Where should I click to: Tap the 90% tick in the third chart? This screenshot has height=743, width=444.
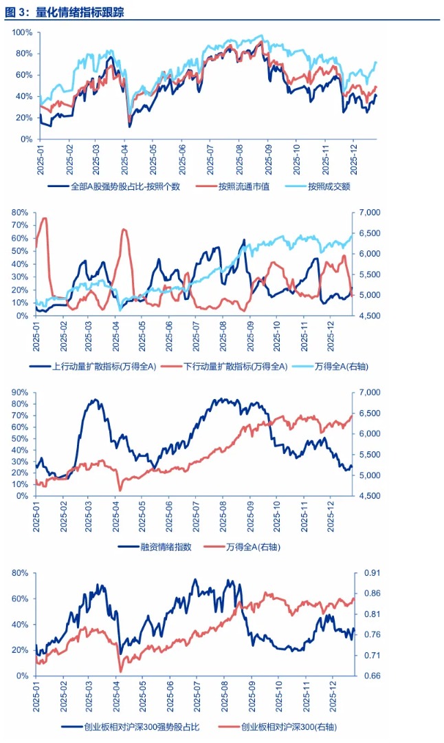pyautogui.click(x=18, y=392)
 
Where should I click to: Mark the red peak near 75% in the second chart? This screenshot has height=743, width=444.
pyautogui.click(x=45, y=219)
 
